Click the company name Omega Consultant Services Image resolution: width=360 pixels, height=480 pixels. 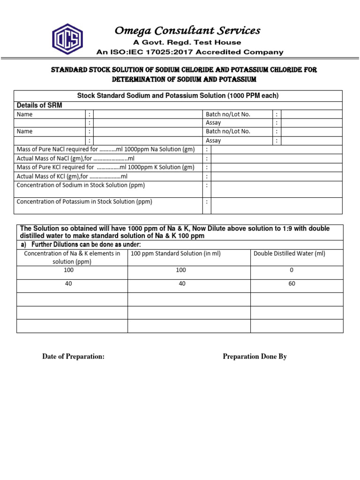coord(187,31)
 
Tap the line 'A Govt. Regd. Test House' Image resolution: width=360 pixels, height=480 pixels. coord(189,43)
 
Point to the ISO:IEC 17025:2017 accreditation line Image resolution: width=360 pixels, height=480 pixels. coord(189,52)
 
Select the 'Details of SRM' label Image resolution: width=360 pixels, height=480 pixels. coord(39,105)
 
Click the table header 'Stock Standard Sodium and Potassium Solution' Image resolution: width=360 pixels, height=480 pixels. coord(178,96)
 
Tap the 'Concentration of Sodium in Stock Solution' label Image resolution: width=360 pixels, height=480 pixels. coord(81,185)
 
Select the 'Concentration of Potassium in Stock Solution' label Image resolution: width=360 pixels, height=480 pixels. coord(84,202)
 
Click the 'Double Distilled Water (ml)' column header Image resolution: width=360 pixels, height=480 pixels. coord(289,254)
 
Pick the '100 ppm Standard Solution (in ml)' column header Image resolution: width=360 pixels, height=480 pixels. coord(175,254)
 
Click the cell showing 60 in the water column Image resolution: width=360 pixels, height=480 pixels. coord(292,284)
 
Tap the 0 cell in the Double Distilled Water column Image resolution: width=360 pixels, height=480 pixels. coord(292,270)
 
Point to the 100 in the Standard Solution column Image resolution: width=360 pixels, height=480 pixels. coord(181,270)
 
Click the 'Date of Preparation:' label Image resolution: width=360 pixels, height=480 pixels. coord(73,357)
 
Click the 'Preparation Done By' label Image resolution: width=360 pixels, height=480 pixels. coord(255,357)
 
